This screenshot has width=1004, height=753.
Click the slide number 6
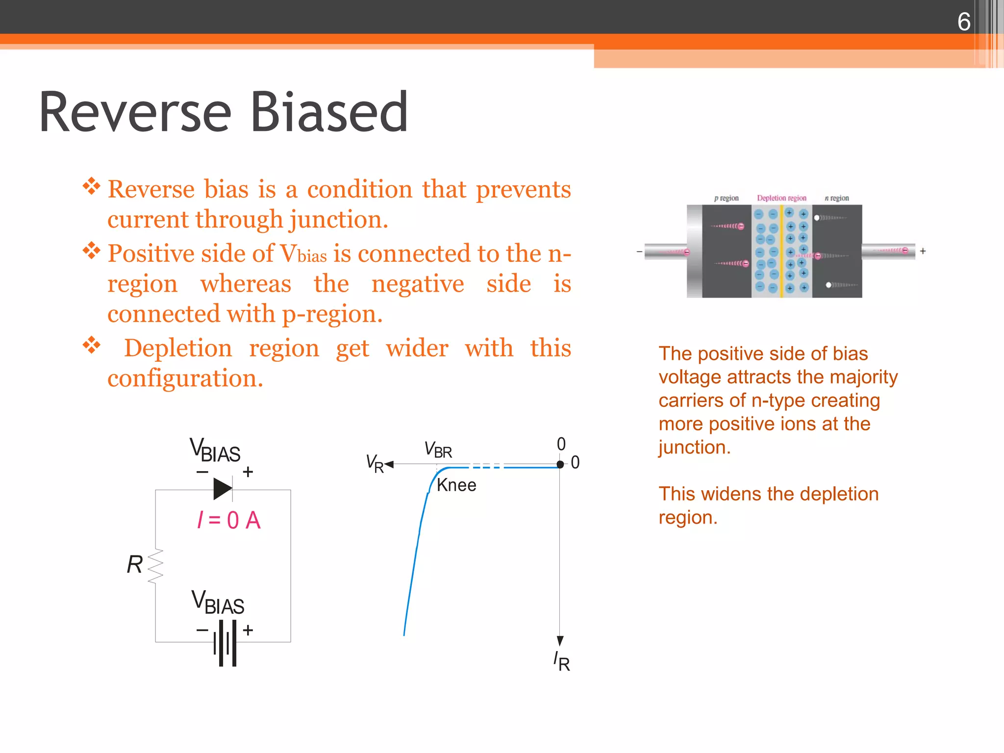coord(963,22)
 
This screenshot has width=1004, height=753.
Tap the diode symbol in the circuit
coord(223,489)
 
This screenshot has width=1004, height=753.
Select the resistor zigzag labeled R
coord(155,566)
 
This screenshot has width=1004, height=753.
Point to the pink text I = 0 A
coord(228,520)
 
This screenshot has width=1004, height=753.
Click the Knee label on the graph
coord(456,485)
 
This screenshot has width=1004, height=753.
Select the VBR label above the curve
coord(438,450)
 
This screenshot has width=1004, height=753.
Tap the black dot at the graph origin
coord(560,464)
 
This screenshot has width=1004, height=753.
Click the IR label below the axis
coord(562,662)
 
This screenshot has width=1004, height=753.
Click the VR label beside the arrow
coord(375,463)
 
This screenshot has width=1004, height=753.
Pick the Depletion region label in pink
coord(781,198)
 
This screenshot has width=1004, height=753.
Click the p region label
coord(726,198)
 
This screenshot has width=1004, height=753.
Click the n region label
coord(837,198)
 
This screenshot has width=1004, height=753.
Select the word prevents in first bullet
coord(523,189)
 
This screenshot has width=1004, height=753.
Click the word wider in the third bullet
coord(417,349)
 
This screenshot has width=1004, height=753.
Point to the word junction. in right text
coord(694,448)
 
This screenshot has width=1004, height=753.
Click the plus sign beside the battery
coord(248,630)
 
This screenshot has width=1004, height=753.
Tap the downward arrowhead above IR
coord(560,641)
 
